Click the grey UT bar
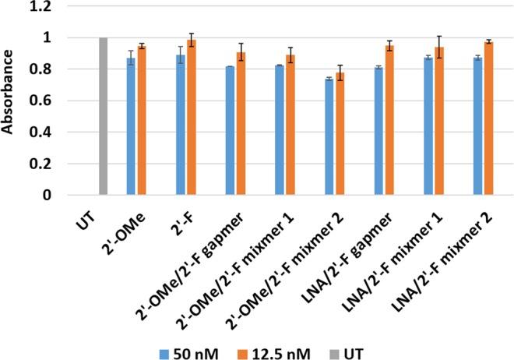click(x=103, y=116)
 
